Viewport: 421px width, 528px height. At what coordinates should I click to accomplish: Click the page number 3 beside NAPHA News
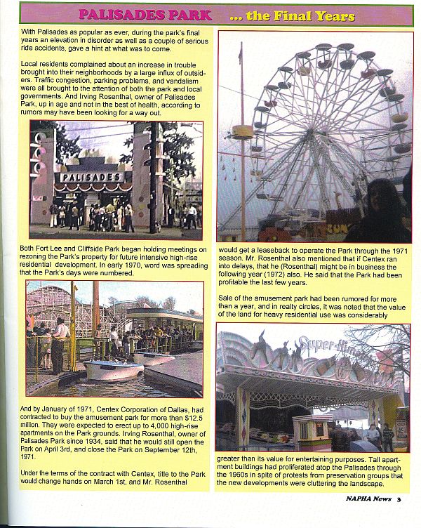tap(398, 499)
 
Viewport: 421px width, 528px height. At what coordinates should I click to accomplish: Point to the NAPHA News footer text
tap(368, 499)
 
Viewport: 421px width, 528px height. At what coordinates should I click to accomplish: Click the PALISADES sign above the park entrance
tap(93, 177)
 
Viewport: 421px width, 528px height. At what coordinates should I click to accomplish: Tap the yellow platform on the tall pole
tap(242, 131)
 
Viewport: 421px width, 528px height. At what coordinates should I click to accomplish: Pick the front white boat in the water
tap(112, 369)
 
